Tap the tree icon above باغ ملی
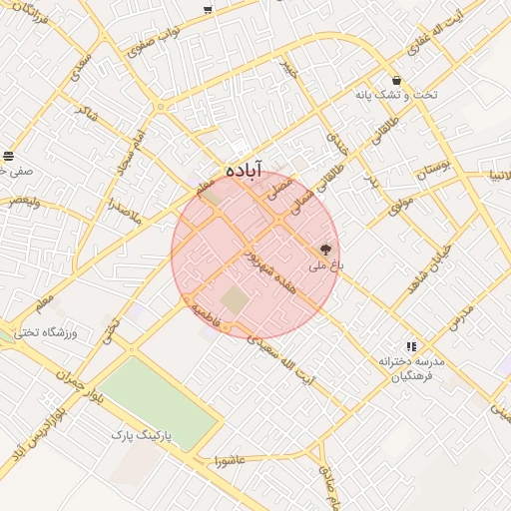[325, 250]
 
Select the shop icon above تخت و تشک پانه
[397, 81]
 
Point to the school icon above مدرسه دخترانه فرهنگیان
[411, 346]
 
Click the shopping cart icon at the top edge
[207, 10]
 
